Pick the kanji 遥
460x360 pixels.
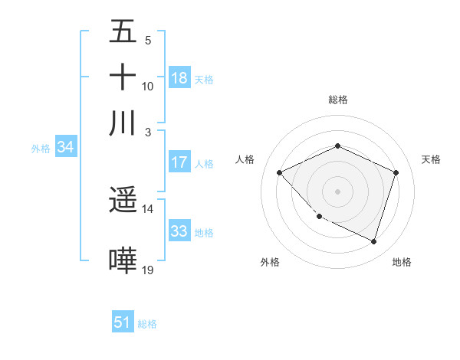(x=123, y=201)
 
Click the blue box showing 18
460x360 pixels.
(x=179, y=77)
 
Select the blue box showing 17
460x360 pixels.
(x=179, y=162)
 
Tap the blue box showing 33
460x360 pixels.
(x=179, y=231)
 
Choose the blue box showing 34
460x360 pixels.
(x=65, y=148)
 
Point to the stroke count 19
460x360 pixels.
(x=148, y=270)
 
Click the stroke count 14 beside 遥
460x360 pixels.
(x=148, y=208)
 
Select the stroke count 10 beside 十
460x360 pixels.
(x=148, y=86)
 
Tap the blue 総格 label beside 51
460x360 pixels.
(x=147, y=324)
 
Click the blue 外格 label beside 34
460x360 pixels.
(x=41, y=149)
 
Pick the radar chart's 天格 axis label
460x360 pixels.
(x=431, y=159)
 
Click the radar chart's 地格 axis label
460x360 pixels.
(x=402, y=262)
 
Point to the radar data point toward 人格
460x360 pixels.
(x=280, y=173)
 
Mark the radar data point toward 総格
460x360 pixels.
(x=337, y=146)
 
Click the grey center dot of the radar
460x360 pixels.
(x=337, y=191)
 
